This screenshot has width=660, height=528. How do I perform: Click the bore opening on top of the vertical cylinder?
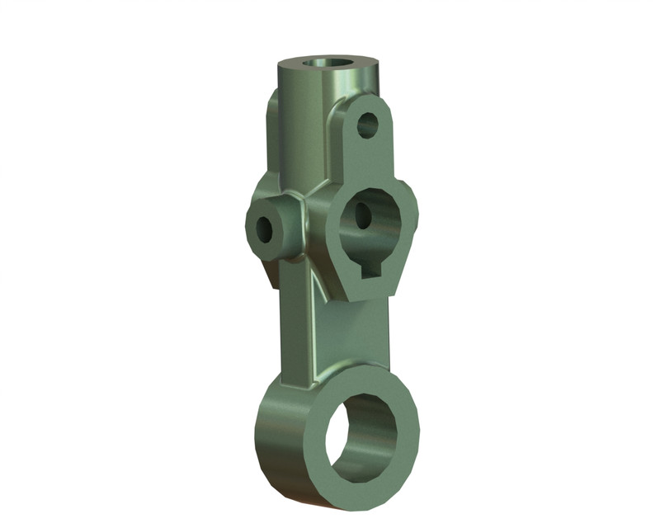pyautogui.click(x=328, y=63)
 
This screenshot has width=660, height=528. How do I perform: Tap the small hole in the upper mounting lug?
pyautogui.click(x=367, y=126)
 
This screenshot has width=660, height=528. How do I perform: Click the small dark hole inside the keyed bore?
pyautogui.click(x=363, y=216)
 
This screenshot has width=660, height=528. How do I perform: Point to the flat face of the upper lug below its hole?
pyautogui.click(x=363, y=161)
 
